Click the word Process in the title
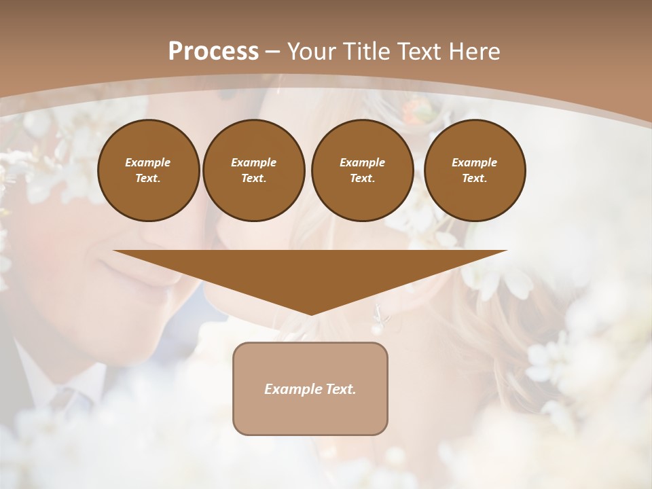(213, 52)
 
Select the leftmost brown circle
(149, 170)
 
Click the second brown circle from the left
(254, 170)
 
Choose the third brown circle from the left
(363, 170)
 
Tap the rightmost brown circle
(475, 170)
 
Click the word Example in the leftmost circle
(148, 162)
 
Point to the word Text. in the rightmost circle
(475, 179)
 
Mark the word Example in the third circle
(362, 162)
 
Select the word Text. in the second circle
(254, 179)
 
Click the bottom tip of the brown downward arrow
(311, 313)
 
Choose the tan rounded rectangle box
(310, 388)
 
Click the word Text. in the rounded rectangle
(341, 389)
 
